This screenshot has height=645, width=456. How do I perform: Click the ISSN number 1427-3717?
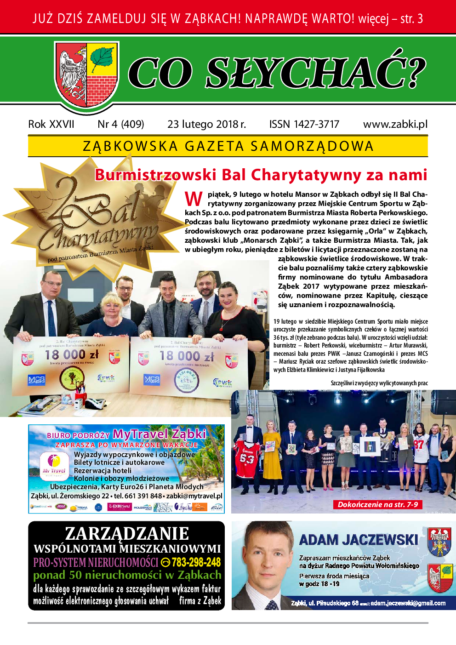coord(304,124)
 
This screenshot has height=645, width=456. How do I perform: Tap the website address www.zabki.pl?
coord(395,124)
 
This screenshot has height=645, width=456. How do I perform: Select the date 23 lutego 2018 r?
coord(206,124)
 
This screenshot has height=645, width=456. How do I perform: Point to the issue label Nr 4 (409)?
coord(120,124)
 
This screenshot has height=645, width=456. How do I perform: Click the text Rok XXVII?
coord(51,124)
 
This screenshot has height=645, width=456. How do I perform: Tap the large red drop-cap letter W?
coord(194,199)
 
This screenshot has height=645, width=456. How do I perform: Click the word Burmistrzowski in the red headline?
coord(155,175)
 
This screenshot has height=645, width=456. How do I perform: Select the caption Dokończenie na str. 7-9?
coord(377,504)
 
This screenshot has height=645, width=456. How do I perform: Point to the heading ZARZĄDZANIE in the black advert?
coord(127,533)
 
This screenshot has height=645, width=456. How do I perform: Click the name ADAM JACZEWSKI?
coord(359,540)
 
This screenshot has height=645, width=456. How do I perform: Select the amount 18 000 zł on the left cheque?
coord(72,354)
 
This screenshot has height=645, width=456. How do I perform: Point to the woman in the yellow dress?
coord(273,453)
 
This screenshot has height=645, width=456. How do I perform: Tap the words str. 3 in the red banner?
coord(411,19)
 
